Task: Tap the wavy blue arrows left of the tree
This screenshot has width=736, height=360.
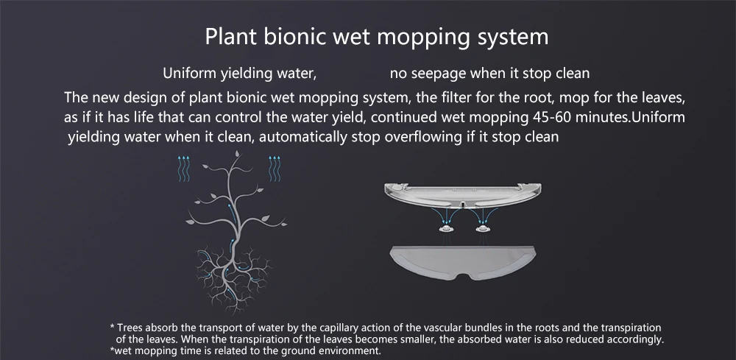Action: click(x=183, y=169)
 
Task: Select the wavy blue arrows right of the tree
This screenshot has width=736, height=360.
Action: click(x=275, y=169)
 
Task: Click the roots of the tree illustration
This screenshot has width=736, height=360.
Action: click(x=232, y=277)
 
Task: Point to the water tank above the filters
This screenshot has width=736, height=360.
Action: click(x=462, y=196)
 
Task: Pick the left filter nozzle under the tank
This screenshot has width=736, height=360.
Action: click(x=446, y=228)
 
